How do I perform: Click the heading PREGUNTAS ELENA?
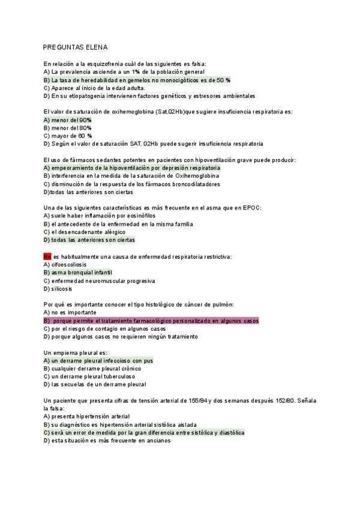pos(75,47)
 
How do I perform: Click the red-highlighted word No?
pos(48,256)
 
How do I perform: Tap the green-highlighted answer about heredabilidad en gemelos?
pos(137,80)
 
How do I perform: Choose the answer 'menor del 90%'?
pos(68,120)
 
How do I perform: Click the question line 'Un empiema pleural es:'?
pos(76,353)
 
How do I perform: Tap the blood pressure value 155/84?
pos(198,400)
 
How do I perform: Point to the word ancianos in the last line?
pos(157,441)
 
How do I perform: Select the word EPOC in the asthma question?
pos(251,208)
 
